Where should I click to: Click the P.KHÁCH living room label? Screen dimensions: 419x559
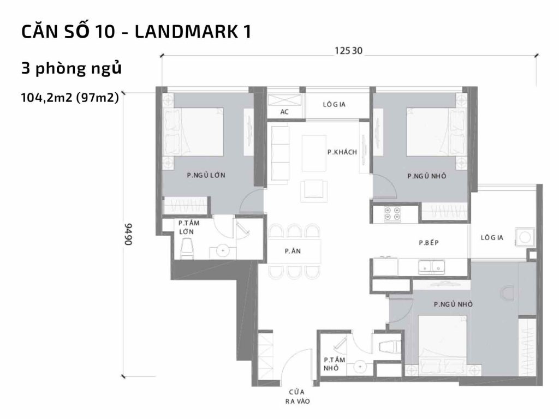coord(342,152)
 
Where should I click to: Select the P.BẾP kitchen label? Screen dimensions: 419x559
coord(429,243)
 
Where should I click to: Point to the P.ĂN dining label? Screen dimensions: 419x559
coord(290,252)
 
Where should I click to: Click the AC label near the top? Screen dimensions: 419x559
coord(283,112)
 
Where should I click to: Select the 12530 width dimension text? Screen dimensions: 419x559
coord(349,51)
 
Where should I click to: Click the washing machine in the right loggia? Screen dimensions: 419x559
coord(526,237)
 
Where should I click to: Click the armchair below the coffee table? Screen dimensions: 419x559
coord(316,188)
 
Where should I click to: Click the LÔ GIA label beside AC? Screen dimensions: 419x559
coord(335,104)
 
